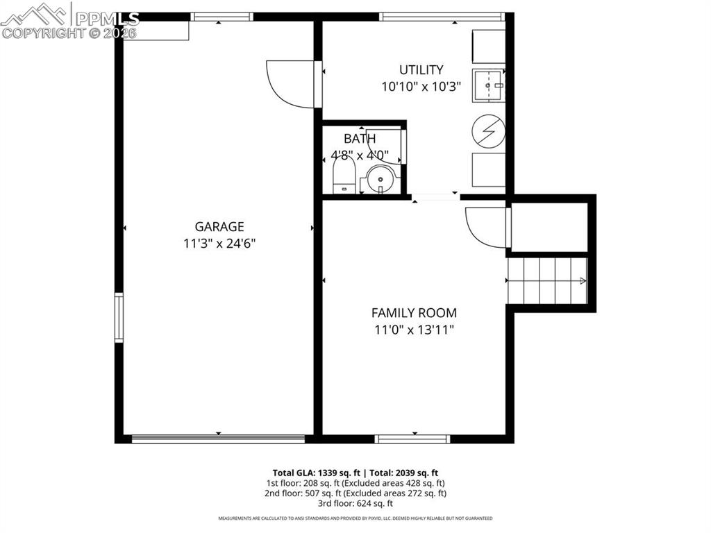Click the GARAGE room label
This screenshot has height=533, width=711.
coord(219,226)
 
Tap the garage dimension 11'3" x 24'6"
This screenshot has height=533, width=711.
coord(219,244)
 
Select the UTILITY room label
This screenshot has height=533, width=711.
coord(421,69)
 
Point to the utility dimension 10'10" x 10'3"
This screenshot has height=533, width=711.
coord(421,87)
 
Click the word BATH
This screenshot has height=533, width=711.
coord(360,139)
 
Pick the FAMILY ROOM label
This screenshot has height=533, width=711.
coord(414,313)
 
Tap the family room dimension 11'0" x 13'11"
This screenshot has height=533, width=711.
coord(414,330)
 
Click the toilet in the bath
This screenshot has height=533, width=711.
coord(344,177)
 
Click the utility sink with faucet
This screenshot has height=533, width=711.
coord(489,86)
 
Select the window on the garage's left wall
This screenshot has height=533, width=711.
coord(119,318)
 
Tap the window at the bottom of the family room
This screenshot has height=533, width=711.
coord(412,439)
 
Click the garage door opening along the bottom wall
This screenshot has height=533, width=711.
coord(218,439)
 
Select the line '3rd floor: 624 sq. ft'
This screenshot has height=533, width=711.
coord(355,503)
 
